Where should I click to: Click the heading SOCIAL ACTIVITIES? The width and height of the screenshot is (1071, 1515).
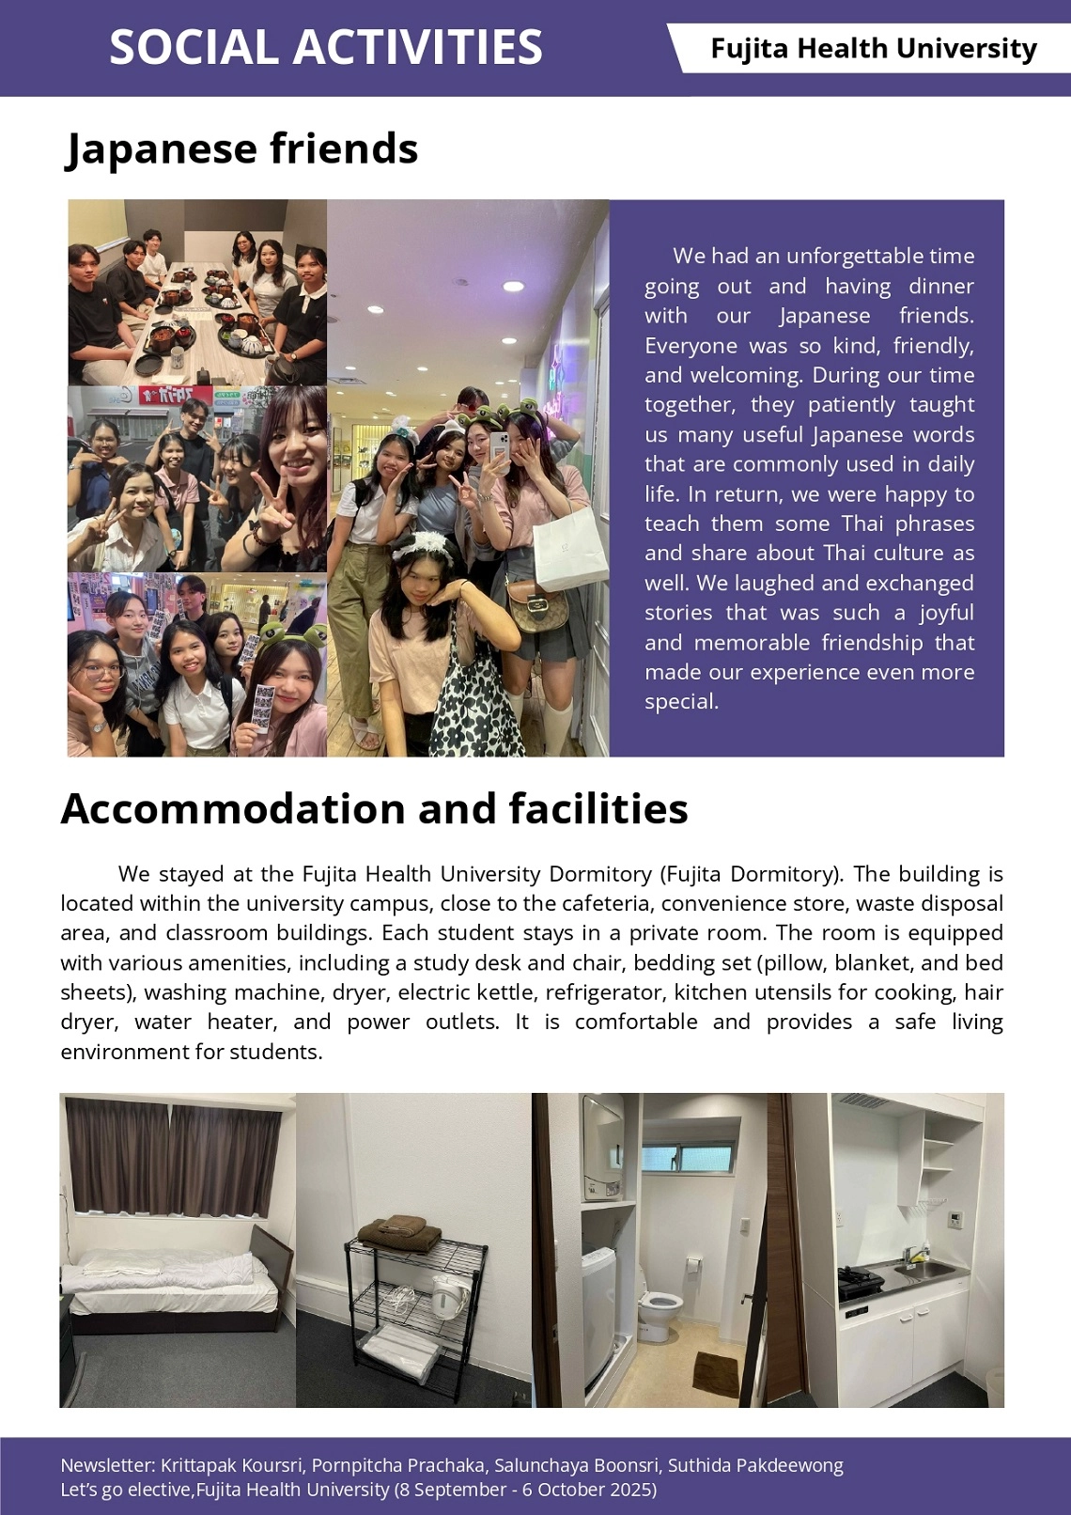pos(325,47)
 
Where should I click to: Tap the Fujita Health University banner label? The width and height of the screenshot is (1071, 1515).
pos(873,48)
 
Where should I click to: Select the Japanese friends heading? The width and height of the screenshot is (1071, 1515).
pos(241,148)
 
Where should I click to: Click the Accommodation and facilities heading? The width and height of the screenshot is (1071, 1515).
pos(374,808)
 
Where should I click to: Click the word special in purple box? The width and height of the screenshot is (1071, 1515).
pos(680,701)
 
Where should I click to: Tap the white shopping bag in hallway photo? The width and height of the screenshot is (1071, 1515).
pos(568,545)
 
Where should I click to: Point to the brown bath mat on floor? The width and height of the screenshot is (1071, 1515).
pos(716,1373)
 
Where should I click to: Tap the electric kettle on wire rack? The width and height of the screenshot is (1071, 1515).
pos(449,1299)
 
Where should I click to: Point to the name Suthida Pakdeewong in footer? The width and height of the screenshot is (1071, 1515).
pos(755,1465)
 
